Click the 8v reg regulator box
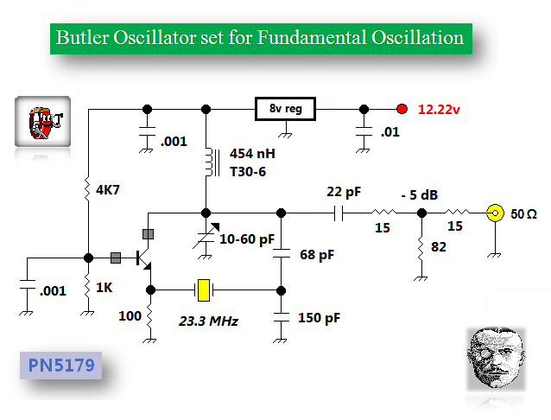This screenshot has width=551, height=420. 286,109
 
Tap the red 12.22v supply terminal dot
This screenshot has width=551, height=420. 402,109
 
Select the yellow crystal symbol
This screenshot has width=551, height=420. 204,290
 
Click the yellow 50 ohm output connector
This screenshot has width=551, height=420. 497,213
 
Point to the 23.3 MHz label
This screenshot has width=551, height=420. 209,321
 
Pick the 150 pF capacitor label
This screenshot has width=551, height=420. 320,317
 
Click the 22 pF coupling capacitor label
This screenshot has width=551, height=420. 344,191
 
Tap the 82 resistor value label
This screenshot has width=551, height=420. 439,248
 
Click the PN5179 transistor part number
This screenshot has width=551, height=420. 60,365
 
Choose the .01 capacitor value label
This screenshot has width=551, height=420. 389,132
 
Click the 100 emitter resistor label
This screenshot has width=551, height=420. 130,317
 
